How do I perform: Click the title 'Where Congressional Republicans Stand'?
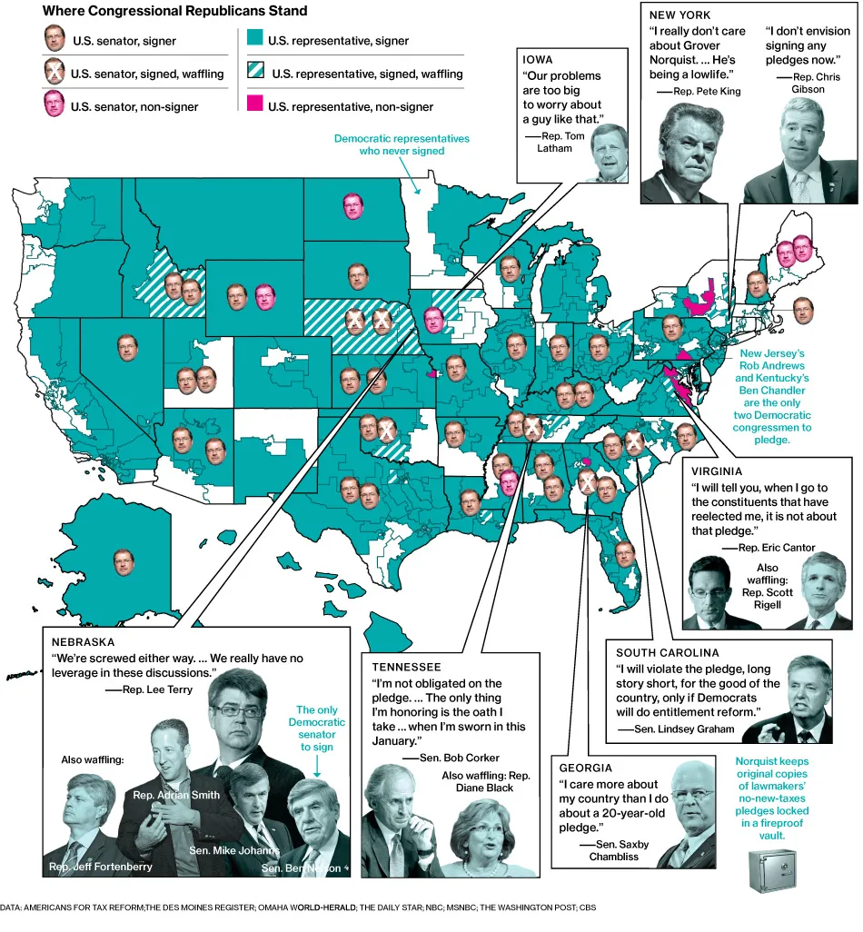tap(175, 12)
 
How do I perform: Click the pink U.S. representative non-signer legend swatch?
tap(254, 106)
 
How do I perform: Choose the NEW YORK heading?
tap(680, 15)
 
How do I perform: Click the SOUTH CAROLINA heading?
tap(668, 652)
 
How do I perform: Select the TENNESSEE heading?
tap(405, 668)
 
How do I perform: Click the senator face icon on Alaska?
tap(124, 560)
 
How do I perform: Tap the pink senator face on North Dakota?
tap(353, 206)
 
